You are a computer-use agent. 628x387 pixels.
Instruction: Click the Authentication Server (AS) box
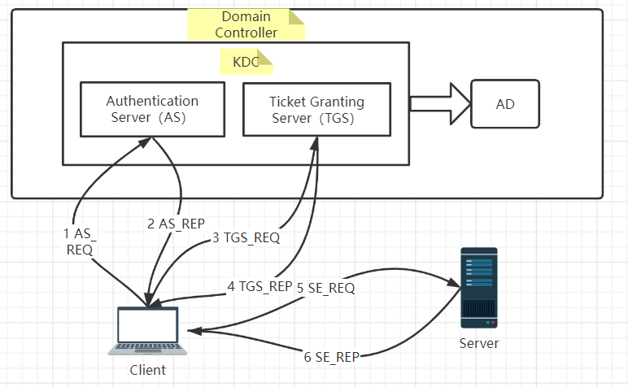[152, 109]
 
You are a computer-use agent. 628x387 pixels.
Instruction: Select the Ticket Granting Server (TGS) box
[316, 109]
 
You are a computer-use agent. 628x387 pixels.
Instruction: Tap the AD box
[505, 104]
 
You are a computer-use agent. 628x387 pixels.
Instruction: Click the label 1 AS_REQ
[78, 241]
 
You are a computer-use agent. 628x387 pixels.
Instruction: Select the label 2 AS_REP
[176, 223]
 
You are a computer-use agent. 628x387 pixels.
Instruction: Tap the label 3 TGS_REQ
[246, 238]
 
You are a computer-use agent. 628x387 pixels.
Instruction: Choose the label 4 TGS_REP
[259, 286]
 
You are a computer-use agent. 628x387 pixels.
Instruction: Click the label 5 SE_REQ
[325, 287]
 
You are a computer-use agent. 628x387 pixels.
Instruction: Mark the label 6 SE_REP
[332, 357]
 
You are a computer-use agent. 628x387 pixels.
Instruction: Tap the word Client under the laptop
[147, 370]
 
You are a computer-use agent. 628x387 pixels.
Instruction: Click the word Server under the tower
[478, 343]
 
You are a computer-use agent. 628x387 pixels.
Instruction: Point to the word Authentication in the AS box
[152, 102]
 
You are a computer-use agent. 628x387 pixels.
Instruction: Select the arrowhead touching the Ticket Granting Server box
[312, 141]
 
